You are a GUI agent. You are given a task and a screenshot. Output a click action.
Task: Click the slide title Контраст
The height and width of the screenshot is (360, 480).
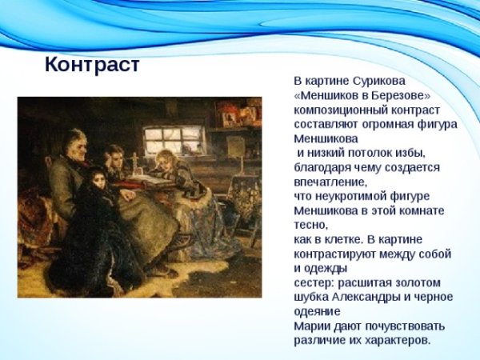pos(92,64)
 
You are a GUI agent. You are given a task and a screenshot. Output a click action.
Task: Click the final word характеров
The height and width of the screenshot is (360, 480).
pos(393,340)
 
